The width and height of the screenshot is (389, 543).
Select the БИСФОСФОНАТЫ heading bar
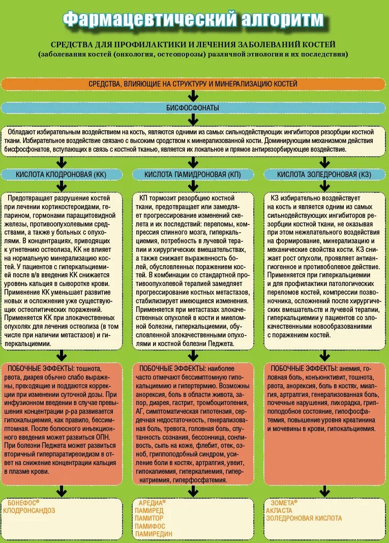pos(193,108)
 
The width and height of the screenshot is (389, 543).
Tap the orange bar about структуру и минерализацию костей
pos(193,83)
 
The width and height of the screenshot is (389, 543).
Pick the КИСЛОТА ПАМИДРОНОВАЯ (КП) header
pos(193,175)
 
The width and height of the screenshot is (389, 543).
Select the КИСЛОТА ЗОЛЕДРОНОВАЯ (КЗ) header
pos(324,175)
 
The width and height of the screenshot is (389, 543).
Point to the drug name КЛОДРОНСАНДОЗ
pos(29,510)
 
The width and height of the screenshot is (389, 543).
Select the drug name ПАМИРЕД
pos(149,510)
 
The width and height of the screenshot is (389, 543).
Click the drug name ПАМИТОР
pos(149,518)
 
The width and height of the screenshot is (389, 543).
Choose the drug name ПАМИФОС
pos(150,526)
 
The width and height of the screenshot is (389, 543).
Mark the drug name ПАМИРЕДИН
pos(154,534)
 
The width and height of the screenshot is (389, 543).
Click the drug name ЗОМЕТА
pos(281,503)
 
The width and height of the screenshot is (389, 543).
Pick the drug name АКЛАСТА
pos(279,510)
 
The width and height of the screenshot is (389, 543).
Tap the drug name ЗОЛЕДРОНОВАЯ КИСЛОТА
pos(304,519)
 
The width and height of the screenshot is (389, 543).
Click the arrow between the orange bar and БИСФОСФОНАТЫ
pos(193,96)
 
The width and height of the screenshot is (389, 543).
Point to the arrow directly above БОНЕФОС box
pos(61,491)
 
